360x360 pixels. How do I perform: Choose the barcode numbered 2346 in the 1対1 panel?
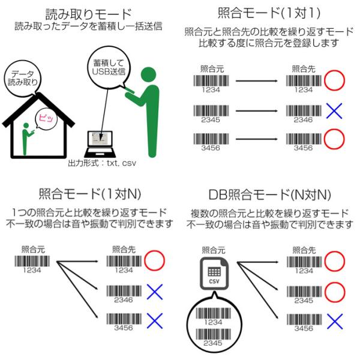tap(303, 111)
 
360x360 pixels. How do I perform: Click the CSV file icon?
tap(214, 274)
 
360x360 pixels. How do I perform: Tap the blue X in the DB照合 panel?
tap(334, 319)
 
